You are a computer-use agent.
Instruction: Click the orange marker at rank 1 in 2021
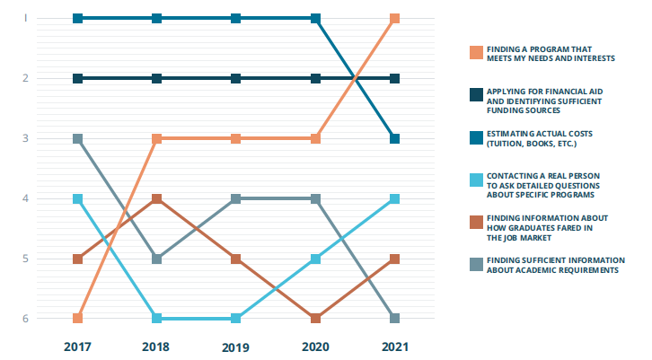pyautogui.click(x=394, y=19)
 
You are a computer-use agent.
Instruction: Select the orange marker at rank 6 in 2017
pyautogui.click(x=78, y=319)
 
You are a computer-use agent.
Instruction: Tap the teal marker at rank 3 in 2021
pyautogui.click(x=394, y=138)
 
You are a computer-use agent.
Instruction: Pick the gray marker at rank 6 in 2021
pyautogui.click(x=394, y=319)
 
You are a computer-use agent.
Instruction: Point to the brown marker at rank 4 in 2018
pyautogui.click(x=157, y=198)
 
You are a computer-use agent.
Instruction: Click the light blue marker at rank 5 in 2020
pyautogui.click(x=315, y=259)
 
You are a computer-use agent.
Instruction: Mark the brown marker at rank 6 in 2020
pyautogui.click(x=315, y=319)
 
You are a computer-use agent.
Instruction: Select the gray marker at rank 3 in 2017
pyautogui.click(x=78, y=138)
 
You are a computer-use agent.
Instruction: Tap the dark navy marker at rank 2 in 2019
pyautogui.click(x=236, y=78)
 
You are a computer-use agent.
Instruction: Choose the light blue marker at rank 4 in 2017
pyautogui.click(x=78, y=198)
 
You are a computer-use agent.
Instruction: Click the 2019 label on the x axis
pyautogui.click(x=236, y=346)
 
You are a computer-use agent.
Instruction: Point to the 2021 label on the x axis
pyautogui.click(x=394, y=346)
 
